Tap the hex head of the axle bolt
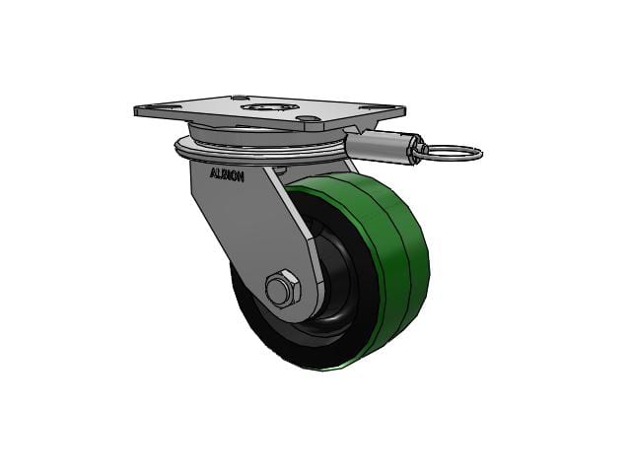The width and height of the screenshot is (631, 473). [280, 289]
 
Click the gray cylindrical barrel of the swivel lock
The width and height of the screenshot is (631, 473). [381, 150]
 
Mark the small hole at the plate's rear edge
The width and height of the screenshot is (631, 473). [240, 97]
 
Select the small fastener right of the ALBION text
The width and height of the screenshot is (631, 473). [280, 170]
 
